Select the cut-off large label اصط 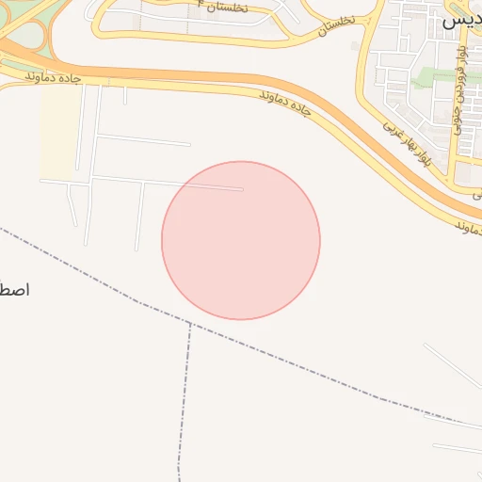point(15,289)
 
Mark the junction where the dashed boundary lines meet point(190,323)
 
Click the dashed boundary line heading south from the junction point(184,395)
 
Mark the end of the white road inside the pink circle point(242,189)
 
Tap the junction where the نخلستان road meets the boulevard point(366,21)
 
